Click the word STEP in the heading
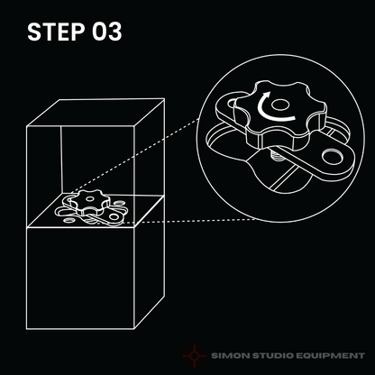click(x=56, y=32)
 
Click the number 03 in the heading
click(x=107, y=32)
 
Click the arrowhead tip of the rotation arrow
click(x=267, y=92)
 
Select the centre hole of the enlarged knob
click(x=280, y=105)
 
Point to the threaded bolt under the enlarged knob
click(x=276, y=155)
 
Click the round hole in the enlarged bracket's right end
click(x=333, y=156)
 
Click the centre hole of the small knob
click(x=89, y=198)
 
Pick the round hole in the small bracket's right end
click(x=114, y=216)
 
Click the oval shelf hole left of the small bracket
click(x=69, y=221)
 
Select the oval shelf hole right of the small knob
click(x=119, y=204)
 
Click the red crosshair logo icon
click(x=195, y=356)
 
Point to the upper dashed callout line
click(x=135, y=156)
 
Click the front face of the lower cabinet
click(x=80, y=278)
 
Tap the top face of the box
click(x=96, y=113)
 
